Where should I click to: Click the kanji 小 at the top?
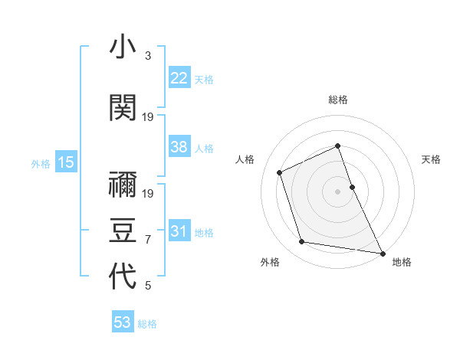pyautogui.click(x=123, y=49)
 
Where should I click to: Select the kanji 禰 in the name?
pyautogui.click(x=123, y=185)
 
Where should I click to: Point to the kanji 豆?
pyautogui.click(x=123, y=230)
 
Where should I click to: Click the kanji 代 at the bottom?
pyautogui.click(x=123, y=277)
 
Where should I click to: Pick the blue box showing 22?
pyautogui.click(x=179, y=78)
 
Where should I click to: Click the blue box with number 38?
pyautogui.click(x=179, y=147)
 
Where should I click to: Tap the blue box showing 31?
pyautogui.click(x=179, y=231)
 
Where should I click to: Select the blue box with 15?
pyautogui.click(x=65, y=162)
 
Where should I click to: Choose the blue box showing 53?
pyautogui.click(x=123, y=322)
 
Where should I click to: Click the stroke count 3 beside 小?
pyautogui.click(x=148, y=56)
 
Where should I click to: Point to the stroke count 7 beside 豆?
pyautogui.click(x=148, y=240)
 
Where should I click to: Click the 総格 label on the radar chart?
pyautogui.click(x=338, y=100)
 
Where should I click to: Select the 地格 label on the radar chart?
pyautogui.click(x=402, y=262)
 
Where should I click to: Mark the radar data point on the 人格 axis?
pyautogui.click(x=280, y=172)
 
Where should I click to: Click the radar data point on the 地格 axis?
pyautogui.click(x=382, y=252)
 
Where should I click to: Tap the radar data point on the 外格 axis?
pyautogui.click(x=302, y=242)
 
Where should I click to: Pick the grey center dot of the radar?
pyautogui.click(x=338, y=191)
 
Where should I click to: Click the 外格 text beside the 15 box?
pyautogui.click(x=41, y=163)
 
